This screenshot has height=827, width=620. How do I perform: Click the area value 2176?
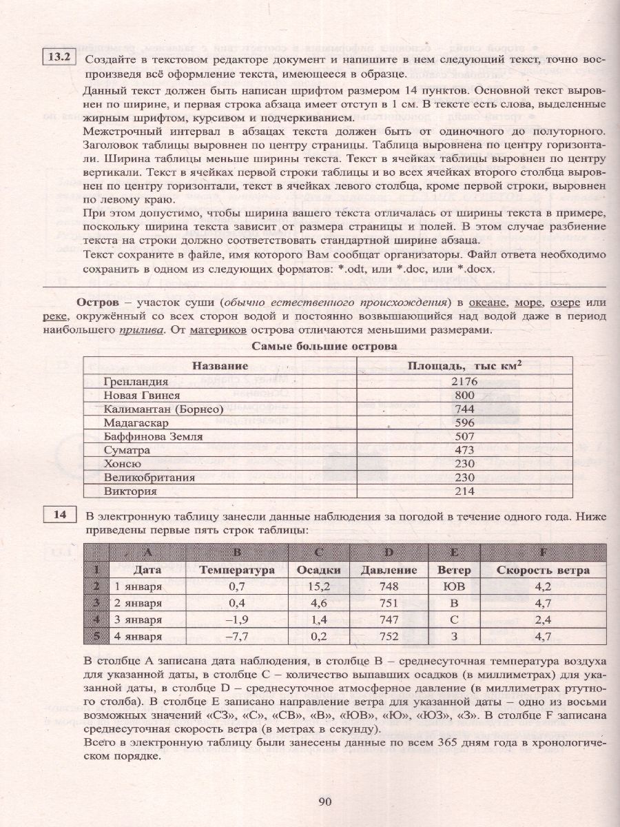(x=464, y=381)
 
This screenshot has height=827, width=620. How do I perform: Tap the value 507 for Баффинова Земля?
(x=464, y=436)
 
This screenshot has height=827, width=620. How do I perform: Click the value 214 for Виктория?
(x=464, y=491)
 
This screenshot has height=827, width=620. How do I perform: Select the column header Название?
(x=220, y=365)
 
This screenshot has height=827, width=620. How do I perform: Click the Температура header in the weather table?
(x=237, y=570)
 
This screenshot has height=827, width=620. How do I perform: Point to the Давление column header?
(x=389, y=570)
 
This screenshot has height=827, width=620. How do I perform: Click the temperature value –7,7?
(x=236, y=636)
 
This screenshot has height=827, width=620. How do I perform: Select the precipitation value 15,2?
(x=319, y=586)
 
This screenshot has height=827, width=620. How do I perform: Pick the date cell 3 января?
(x=138, y=620)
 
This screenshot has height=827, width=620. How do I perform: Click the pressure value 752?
(x=389, y=636)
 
